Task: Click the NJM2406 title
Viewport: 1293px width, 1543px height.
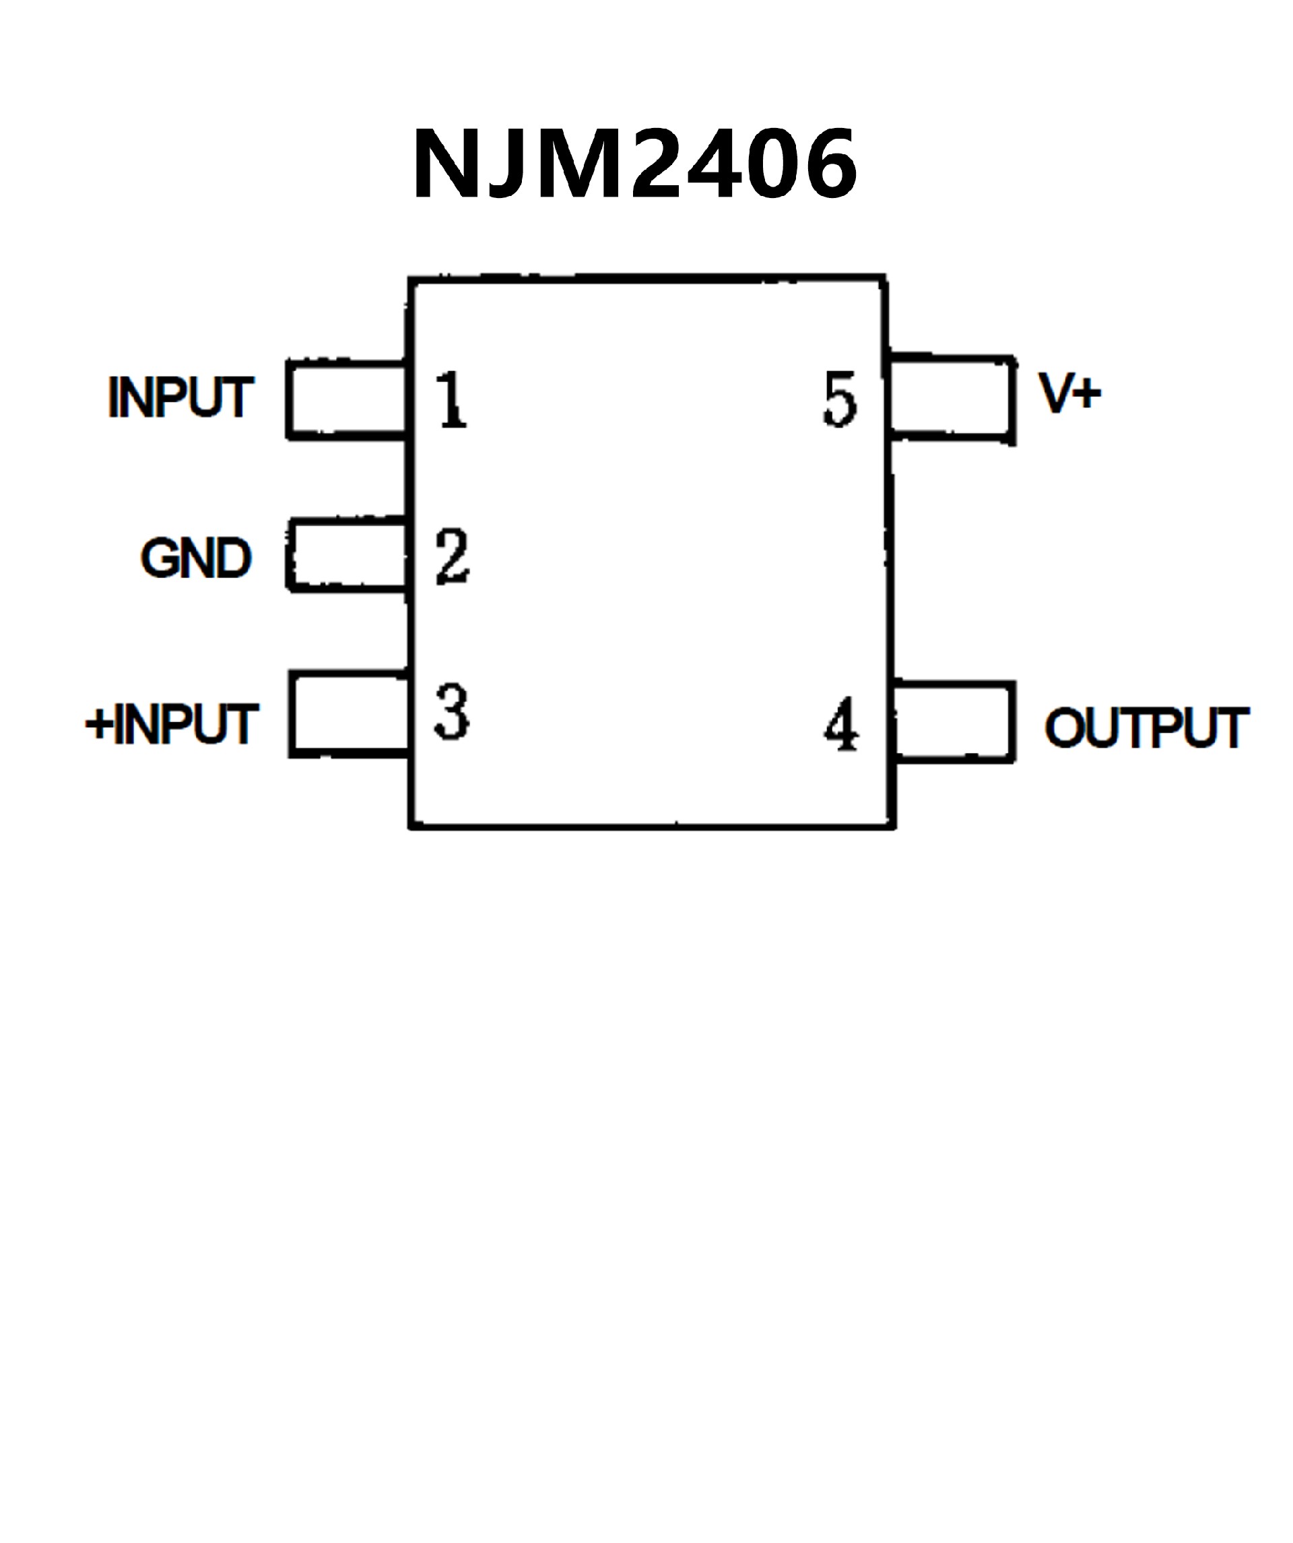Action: coord(635,163)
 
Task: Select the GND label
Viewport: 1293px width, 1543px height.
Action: coord(196,558)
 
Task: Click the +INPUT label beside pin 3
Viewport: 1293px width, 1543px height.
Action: coord(172,724)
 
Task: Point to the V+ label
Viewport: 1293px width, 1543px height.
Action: coord(1069,393)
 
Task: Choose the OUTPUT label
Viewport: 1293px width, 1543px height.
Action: coord(1147,728)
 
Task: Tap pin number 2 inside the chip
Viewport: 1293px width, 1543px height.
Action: coord(452,556)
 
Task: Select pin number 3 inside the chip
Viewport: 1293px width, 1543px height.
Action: coord(451,712)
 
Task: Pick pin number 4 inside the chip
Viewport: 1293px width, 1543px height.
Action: coord(841,724)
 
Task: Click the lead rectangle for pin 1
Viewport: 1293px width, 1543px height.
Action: coord(347,401)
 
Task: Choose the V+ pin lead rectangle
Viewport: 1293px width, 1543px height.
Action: coord(952,398)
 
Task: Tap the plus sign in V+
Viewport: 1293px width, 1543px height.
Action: coord(1088,394)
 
